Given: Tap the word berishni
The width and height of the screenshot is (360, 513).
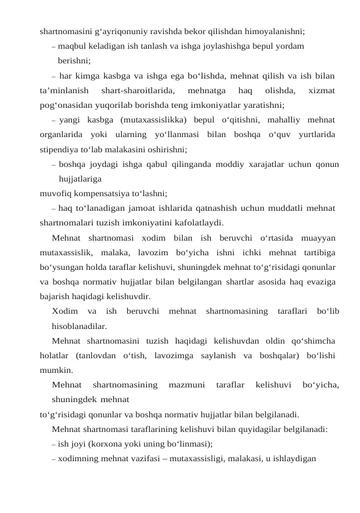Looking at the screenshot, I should [x=74, y=60].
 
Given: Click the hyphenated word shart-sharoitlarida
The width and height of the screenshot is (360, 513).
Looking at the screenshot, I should [x=138, y=90].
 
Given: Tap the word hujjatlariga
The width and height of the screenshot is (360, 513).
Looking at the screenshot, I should [x=80, y=179].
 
